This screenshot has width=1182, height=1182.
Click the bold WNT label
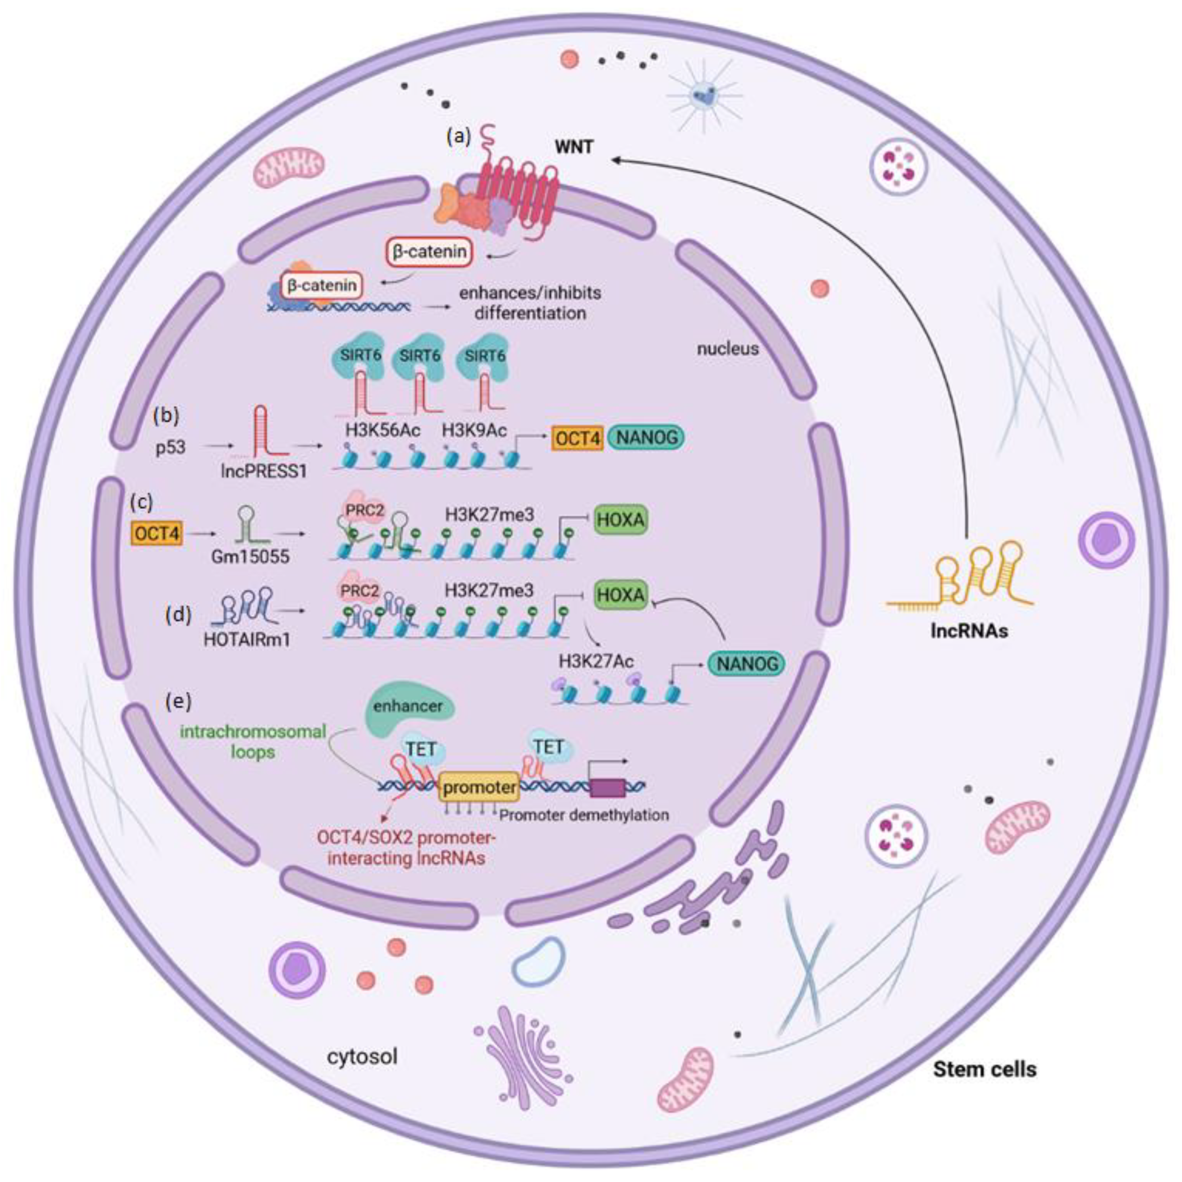574,148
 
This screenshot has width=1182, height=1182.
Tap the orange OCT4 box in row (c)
157,534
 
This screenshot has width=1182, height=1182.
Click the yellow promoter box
479,787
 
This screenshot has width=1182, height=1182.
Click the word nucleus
727,349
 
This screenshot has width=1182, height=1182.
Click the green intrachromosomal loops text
253,741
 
